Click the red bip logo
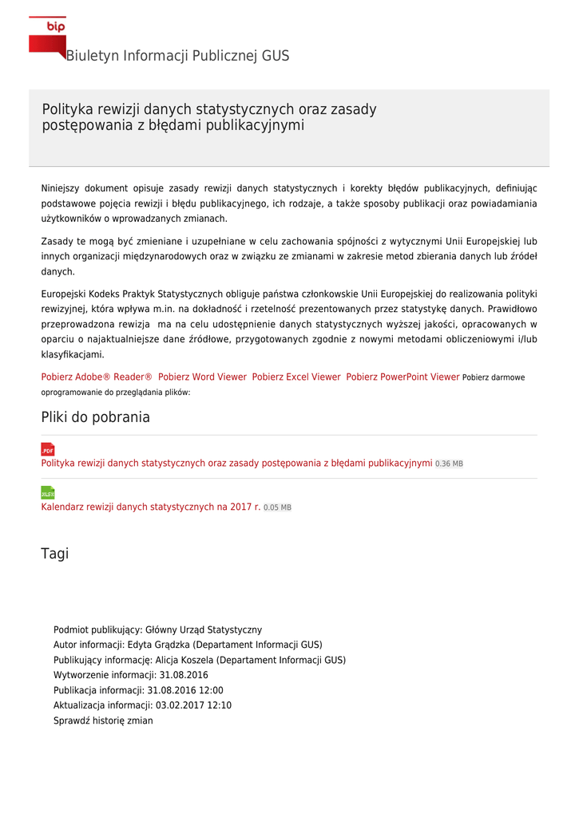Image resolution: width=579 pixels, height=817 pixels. [47, 36]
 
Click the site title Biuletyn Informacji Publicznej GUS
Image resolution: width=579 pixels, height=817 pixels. [177, 56]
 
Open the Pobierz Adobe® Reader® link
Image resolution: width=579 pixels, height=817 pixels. [97, 377]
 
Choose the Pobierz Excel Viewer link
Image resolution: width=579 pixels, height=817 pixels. [296, 377]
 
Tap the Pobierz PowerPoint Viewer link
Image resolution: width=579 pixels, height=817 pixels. [403, 377]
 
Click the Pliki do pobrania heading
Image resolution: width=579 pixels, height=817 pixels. [95, 417]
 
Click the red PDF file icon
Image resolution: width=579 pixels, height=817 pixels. [48, 449]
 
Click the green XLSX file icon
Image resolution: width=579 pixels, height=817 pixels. [48, 493]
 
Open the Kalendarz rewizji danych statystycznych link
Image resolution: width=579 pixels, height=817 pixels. [151, 507]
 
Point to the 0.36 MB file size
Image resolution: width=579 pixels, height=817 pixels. [449, 464]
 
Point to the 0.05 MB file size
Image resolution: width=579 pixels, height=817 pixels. [277, 508]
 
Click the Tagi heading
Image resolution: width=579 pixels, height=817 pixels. [55, 554]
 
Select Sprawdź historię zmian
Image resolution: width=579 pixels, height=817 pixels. [103, 720]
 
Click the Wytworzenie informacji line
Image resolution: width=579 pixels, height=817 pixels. [130, 675]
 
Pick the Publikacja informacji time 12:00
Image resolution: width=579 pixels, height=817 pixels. [211, 690]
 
